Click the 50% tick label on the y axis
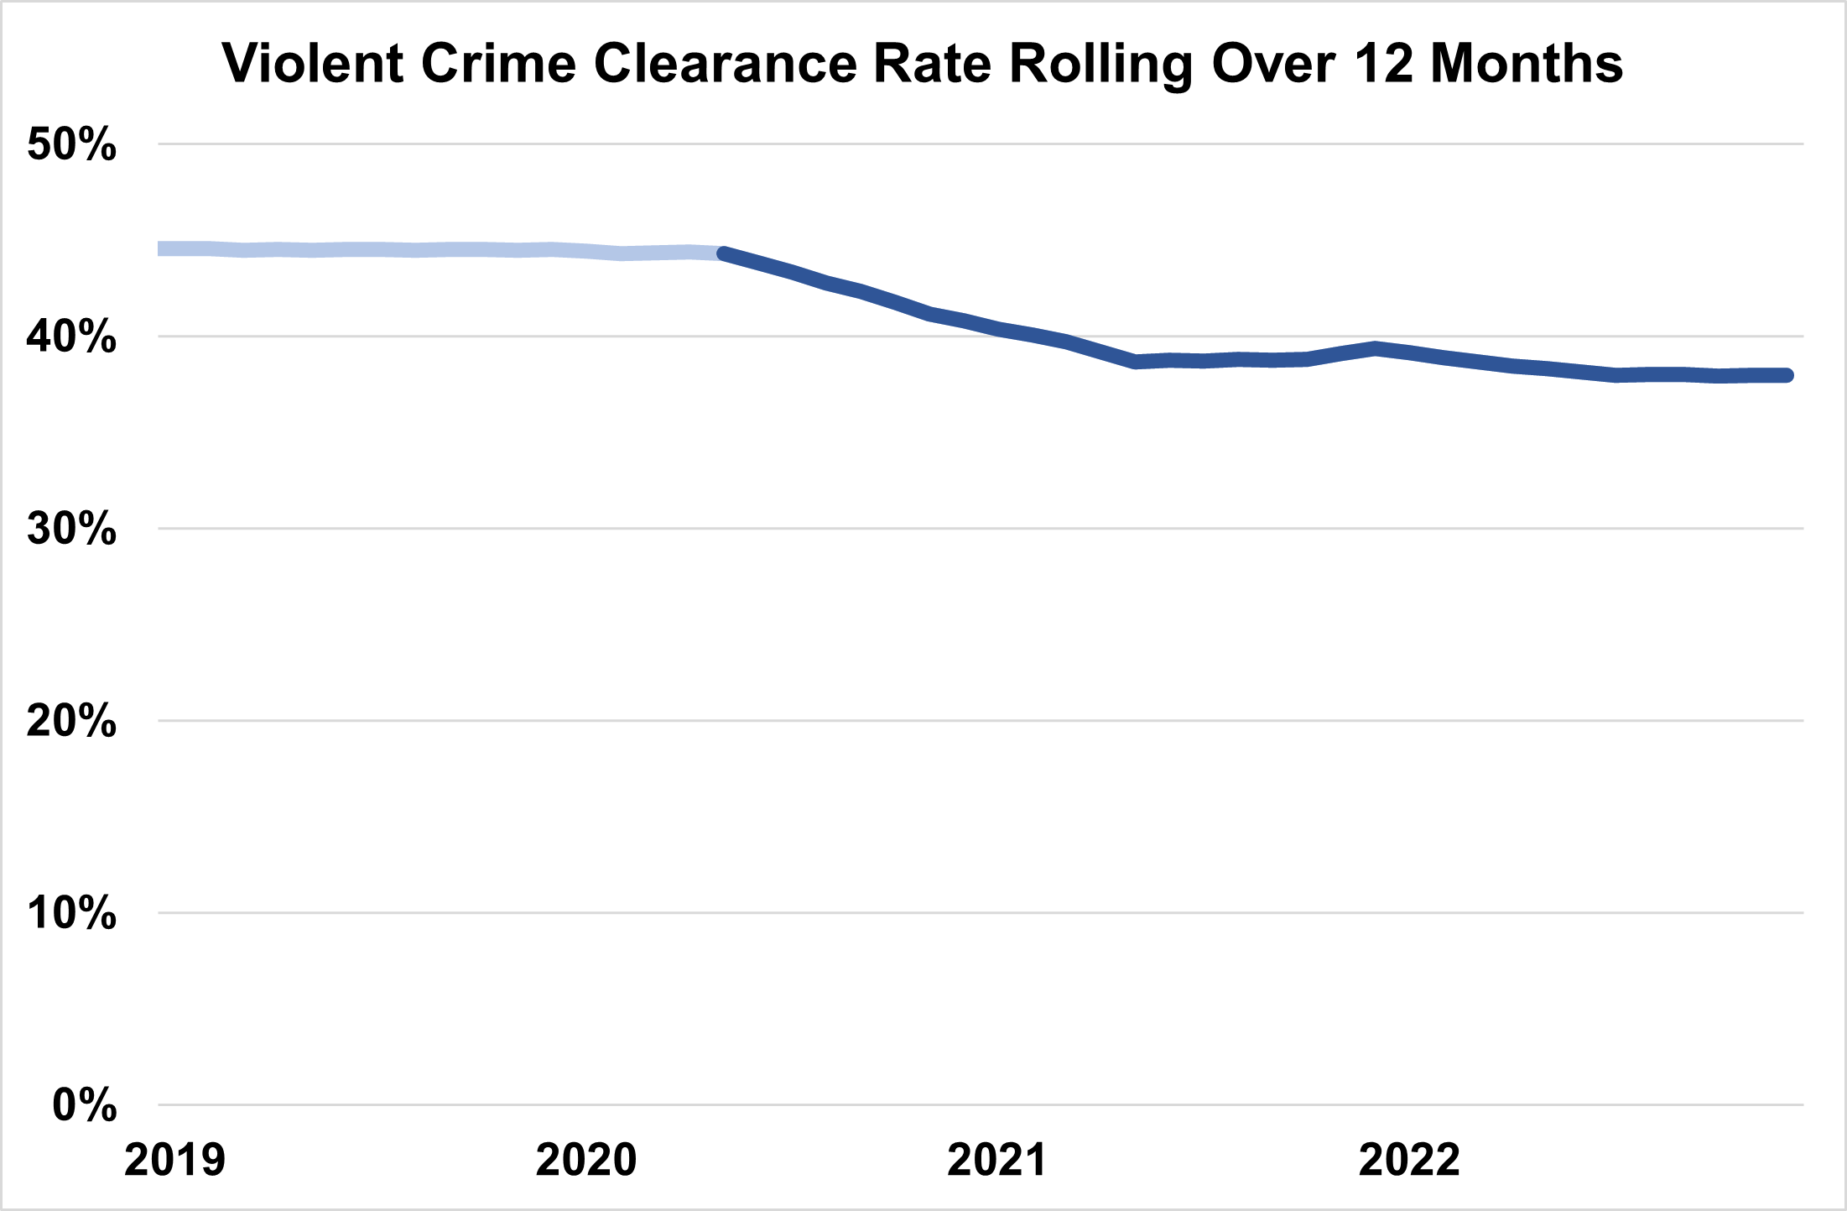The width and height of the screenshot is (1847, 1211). [71, 144]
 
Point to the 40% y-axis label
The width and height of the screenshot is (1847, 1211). [71, 337]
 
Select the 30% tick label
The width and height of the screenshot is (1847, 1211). [71, 529]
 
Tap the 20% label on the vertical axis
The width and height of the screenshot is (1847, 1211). [71, 721]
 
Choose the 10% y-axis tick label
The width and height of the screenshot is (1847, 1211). [71, 913]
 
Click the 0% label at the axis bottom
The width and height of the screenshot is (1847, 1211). [84, 1105]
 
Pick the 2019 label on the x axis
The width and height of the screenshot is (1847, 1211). [174, 1161]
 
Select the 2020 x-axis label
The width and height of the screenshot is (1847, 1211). [586, 1161]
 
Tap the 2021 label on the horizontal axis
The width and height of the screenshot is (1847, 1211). [997, 1161]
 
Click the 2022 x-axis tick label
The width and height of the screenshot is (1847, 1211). [1409, 1161]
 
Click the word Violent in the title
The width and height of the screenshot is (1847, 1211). [312, 64]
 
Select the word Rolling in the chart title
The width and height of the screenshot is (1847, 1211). [1101, 64]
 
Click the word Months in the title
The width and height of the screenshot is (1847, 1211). [1527, 64]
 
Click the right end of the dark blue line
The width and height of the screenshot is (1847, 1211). [1787, 375]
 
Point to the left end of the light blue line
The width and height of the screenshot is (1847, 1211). [161, 249]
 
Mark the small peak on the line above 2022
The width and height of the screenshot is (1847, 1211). [1375, 347]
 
